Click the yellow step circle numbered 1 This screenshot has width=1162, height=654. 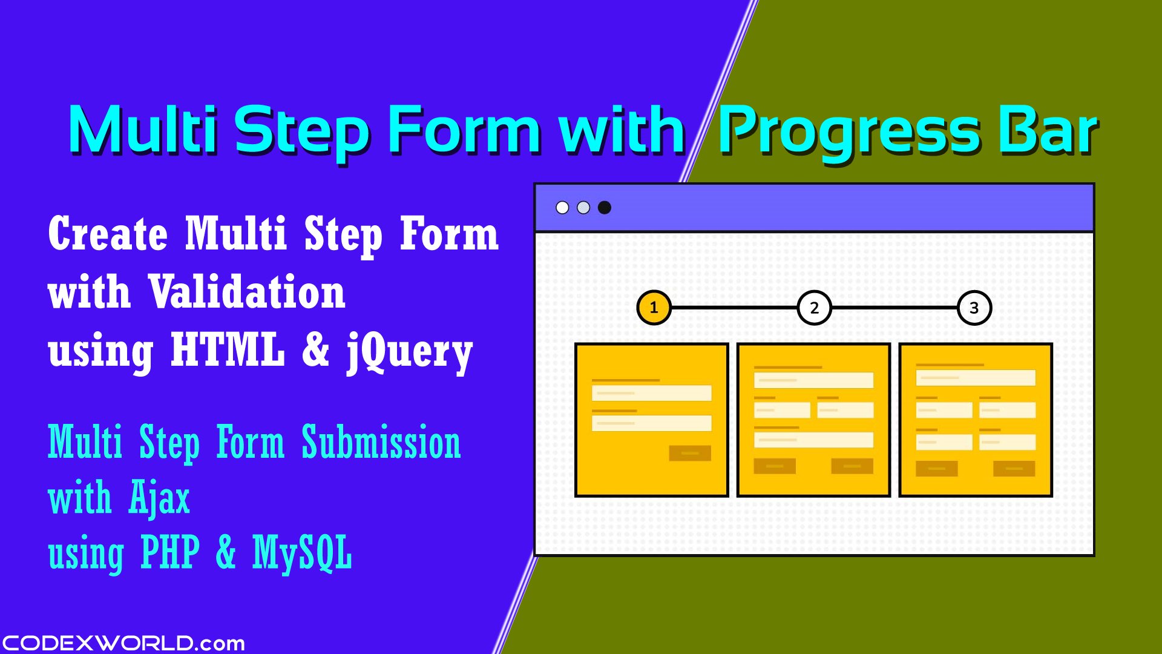coord(654,308)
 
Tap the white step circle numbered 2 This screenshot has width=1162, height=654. coord(814,308)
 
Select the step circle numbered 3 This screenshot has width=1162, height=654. coord(974,308)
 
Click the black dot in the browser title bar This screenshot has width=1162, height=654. coord(604,208)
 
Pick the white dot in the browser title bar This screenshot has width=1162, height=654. coord(562,208)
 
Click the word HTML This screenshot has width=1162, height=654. coord(228,349)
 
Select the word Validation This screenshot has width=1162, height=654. coord(247,292)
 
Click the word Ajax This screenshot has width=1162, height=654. coord(159,499)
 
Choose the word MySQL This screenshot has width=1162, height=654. coord(301,552)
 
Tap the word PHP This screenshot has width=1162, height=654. coord(169,552)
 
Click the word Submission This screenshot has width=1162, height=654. coord(381,443)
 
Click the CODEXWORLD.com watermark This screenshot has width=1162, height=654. coord(123,642)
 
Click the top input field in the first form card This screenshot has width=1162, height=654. coord(651,393)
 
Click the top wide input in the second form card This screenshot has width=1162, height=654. coord(813,380)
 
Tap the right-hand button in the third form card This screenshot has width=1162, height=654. coord(1014,469)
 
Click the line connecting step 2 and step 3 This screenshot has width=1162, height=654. coord(894,308)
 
